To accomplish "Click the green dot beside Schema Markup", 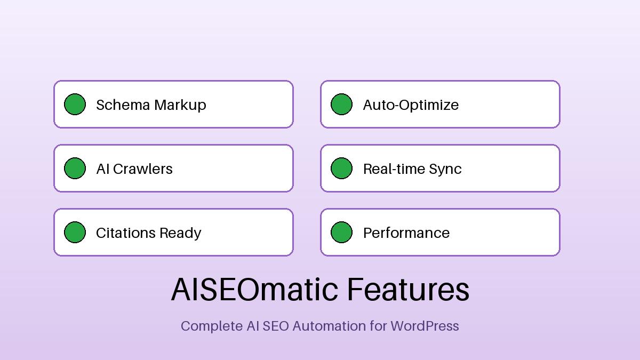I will coord(75,105).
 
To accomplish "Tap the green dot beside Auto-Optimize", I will coord(341,105).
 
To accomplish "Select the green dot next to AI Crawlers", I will coord(75,169).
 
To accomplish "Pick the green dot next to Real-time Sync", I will coord(341,169).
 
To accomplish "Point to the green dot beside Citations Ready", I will coord(75,233).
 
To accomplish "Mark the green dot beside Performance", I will coord(341,233).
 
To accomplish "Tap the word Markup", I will coord(180,105).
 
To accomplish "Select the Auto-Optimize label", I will coord(411,105).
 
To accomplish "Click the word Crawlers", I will coord(143,169).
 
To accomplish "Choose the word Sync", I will coord(447,169).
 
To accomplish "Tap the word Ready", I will coord(180,233).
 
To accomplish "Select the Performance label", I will coord(406,233).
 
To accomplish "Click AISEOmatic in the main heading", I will coord(254,290).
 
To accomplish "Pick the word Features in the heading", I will coord(408,290).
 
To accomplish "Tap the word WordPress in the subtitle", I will coord(425,326).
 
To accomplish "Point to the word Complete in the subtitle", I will coord(211,326).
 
